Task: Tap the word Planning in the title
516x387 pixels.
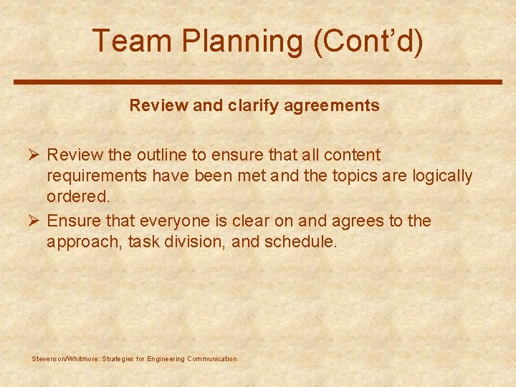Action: coord(242,42)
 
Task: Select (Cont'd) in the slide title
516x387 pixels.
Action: coord(368,42)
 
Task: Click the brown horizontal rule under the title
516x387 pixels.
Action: coord(258,82)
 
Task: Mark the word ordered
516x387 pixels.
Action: coord(78,197)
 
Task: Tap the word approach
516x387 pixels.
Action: coord(82,242)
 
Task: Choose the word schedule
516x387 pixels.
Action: coord(300,242)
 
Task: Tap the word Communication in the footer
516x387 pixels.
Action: coord(211,359)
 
